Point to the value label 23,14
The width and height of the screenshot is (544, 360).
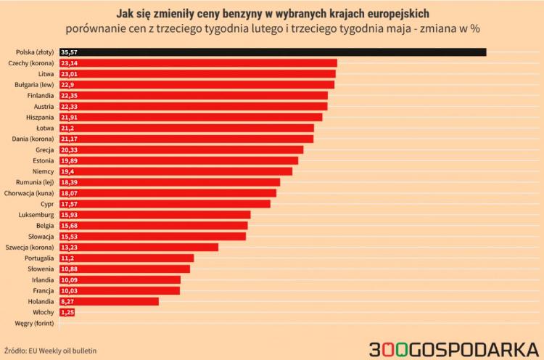click(x=70, y=63)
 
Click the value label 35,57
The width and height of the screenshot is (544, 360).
click(x=70, y=52)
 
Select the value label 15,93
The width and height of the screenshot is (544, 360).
click(x=70, y=215)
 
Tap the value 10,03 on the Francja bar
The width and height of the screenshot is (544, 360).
click(x=70, y=290)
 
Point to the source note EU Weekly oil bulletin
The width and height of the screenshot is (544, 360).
click(x=62, y=351)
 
